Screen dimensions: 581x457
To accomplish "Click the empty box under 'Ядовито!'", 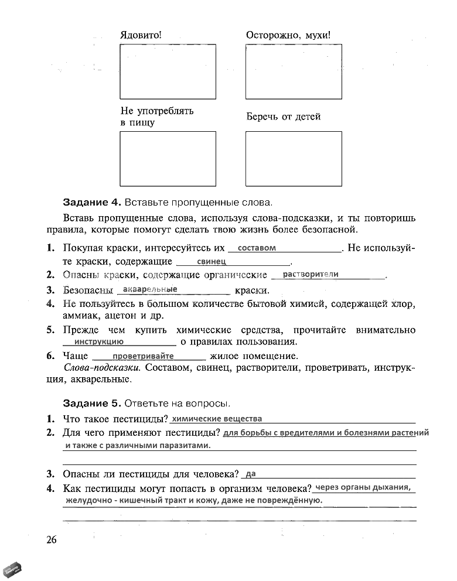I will coord(168,71).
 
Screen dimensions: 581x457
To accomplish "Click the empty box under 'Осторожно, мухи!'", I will coord(294,71).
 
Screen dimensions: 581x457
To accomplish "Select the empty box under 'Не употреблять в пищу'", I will coord(168,158).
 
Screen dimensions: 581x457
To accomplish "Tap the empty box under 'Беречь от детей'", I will coord(294,158).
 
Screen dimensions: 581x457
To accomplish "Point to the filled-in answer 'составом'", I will coord(257,248).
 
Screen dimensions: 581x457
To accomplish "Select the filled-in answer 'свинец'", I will coord(212,262).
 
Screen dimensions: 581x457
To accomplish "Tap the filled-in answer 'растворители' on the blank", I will coord(311,274).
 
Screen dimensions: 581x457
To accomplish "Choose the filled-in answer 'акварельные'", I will coord(151,289).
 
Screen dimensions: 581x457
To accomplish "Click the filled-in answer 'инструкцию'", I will coord(99,341).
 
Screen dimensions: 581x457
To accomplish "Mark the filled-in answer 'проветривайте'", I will coord(144,356).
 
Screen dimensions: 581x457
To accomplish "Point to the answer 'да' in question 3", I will coord(251,473).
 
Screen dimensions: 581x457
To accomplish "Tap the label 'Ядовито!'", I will coord(141,35).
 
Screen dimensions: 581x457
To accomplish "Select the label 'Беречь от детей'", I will coord(283,117).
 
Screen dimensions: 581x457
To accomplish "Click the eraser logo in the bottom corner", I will coord(13,568).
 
